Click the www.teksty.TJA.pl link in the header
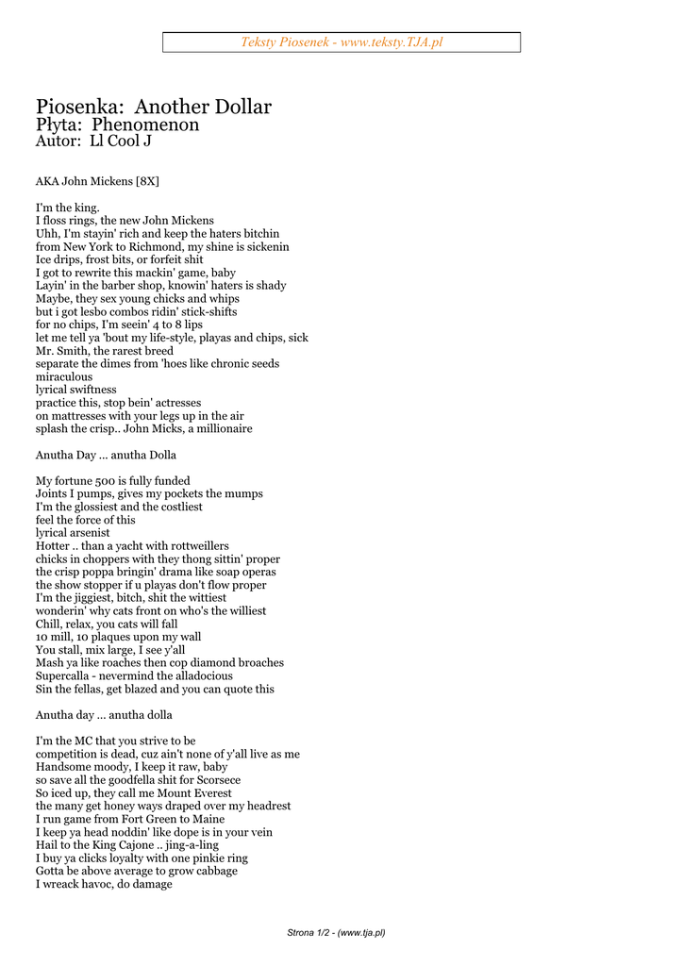(392, 42)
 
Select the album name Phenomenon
(145, 125)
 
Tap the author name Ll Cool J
(120, 142)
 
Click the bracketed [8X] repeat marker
(154, 181)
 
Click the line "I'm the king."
(67, 208)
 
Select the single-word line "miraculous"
(64, 376)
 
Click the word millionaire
(223, 428)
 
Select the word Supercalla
(67, 675)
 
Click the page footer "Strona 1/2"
(310, 933)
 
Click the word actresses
(170, 402)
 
